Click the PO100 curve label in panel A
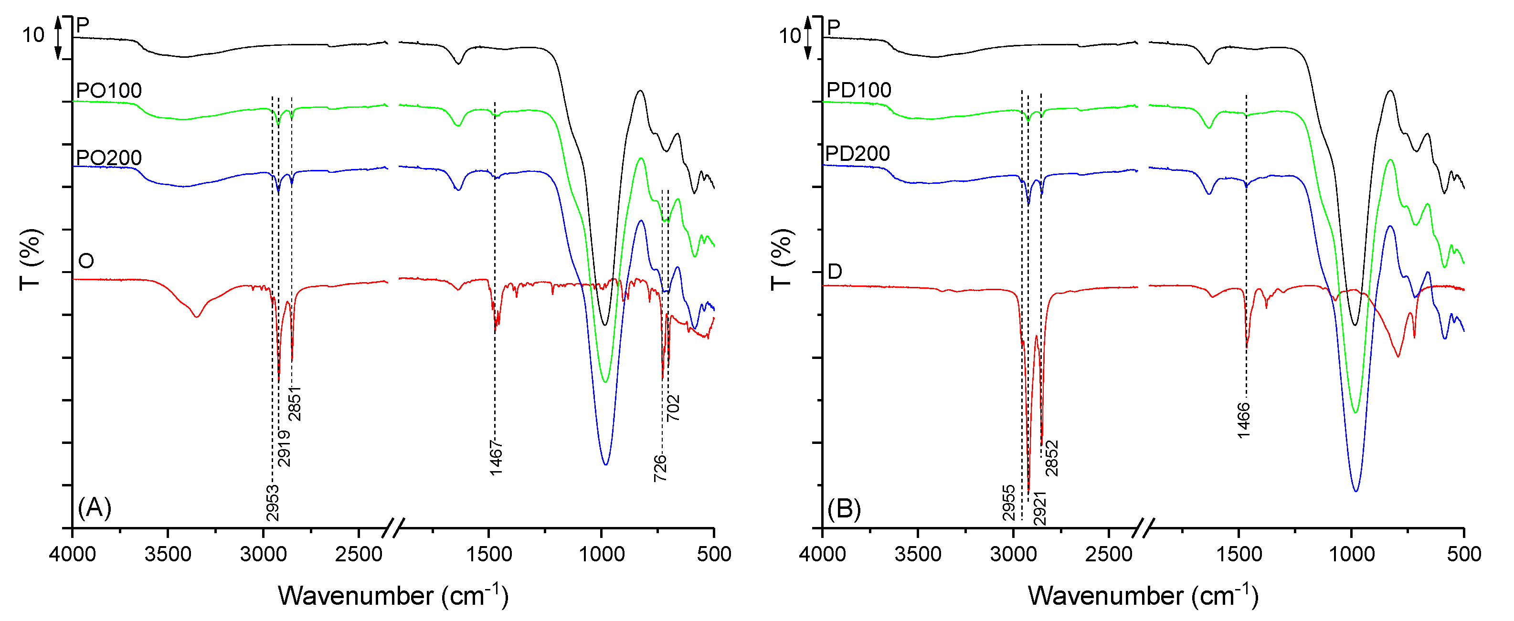point(109,91)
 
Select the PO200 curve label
point(109,158)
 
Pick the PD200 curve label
point(858,153)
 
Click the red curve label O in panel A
point(86,261)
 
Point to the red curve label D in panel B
point(835,272)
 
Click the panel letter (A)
point(94,507)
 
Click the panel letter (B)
point(844,508)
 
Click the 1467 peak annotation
point(496,458)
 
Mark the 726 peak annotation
point(660,468)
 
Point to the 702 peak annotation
point(673,408)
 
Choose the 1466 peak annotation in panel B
point(1244,420)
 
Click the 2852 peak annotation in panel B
point(1052,458)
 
